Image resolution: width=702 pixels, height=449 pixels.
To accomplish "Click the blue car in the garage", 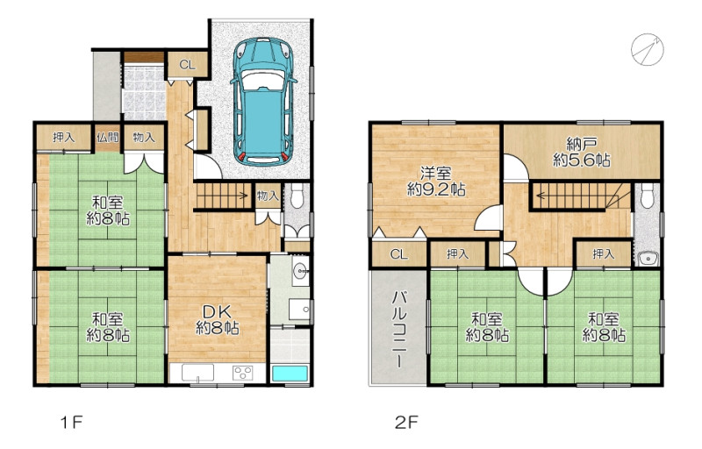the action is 263,102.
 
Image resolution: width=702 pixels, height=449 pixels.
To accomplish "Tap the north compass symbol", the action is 648,50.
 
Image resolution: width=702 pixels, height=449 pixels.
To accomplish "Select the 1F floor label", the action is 72,422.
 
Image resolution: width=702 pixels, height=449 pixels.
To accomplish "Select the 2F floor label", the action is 406,422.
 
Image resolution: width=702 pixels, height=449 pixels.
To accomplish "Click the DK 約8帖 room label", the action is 217,320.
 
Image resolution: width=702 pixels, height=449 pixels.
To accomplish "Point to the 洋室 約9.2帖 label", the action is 436,182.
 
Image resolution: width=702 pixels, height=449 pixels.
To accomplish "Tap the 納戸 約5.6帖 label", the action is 582,152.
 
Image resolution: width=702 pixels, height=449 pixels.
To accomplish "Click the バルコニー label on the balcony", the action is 399,330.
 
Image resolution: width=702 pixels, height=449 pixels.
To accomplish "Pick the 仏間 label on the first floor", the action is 107,137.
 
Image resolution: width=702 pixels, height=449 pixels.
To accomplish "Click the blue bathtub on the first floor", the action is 290,374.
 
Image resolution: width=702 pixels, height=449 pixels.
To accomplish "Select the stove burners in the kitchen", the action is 242,373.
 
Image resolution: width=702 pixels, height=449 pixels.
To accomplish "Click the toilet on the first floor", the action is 297,196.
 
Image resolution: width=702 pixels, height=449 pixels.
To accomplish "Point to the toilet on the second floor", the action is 647,196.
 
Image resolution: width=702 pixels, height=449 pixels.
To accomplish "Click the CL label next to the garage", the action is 188,65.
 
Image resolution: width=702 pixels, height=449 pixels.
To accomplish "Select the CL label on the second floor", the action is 399,254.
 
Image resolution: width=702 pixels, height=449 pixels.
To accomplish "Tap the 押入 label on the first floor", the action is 63,138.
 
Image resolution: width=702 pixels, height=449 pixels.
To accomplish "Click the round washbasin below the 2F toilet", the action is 647,258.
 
